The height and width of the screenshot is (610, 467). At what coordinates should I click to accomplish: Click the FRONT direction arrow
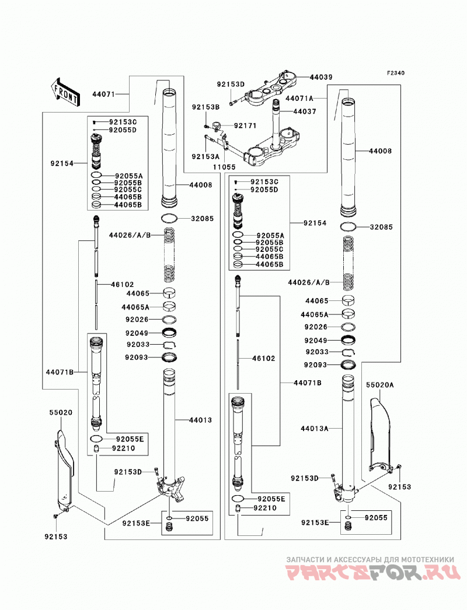[x=65, y=92]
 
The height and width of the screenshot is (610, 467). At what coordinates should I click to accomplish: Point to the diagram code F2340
[x=396, y=73]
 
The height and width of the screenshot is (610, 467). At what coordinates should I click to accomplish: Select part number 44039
[x=321, y=77]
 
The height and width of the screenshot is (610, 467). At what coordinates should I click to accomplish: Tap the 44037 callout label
[x=305, y=111]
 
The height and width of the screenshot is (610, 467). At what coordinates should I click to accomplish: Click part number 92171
[x=245, y=125]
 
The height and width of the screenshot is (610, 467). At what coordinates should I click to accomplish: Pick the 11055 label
[x=224, y=167]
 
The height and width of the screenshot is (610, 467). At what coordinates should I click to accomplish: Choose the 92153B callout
[x=205, y=107]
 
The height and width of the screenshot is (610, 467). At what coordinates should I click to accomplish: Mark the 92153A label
[x=205, y=156]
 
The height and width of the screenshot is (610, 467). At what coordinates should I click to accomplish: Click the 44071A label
[x=299, y=99]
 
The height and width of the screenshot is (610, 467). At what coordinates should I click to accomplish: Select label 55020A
[x=380, y=385]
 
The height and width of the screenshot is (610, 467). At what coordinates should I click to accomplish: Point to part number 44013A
[x=314, y=429]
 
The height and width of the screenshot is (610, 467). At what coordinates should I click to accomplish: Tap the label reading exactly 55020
[x=61, y=412]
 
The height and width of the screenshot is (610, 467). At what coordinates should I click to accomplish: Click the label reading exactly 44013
[x=201, y=420]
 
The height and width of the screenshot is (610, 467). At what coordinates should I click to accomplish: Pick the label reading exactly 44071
[x=104, y=94]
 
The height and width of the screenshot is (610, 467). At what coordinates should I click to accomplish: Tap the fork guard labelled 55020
[x=64, y=471]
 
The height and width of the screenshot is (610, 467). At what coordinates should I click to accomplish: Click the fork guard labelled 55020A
[x=380, y=435]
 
